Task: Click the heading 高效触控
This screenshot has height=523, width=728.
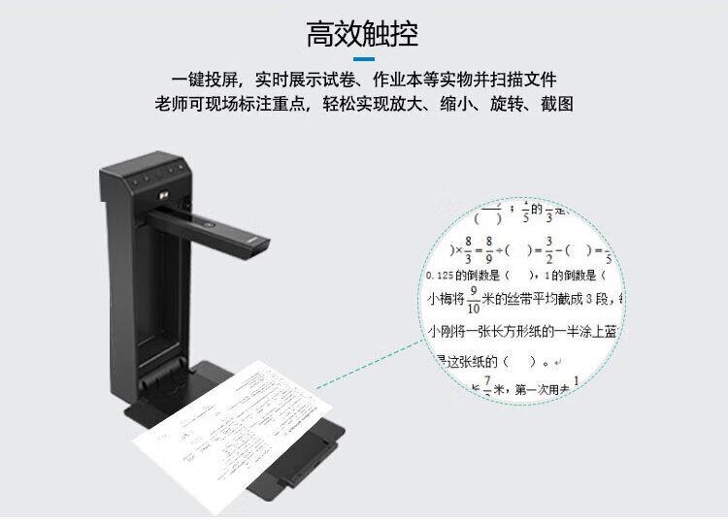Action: [x=363, y=35]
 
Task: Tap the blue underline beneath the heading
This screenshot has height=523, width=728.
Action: [x=363, y=64]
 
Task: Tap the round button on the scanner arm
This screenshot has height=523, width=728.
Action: [x=207, y=221]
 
